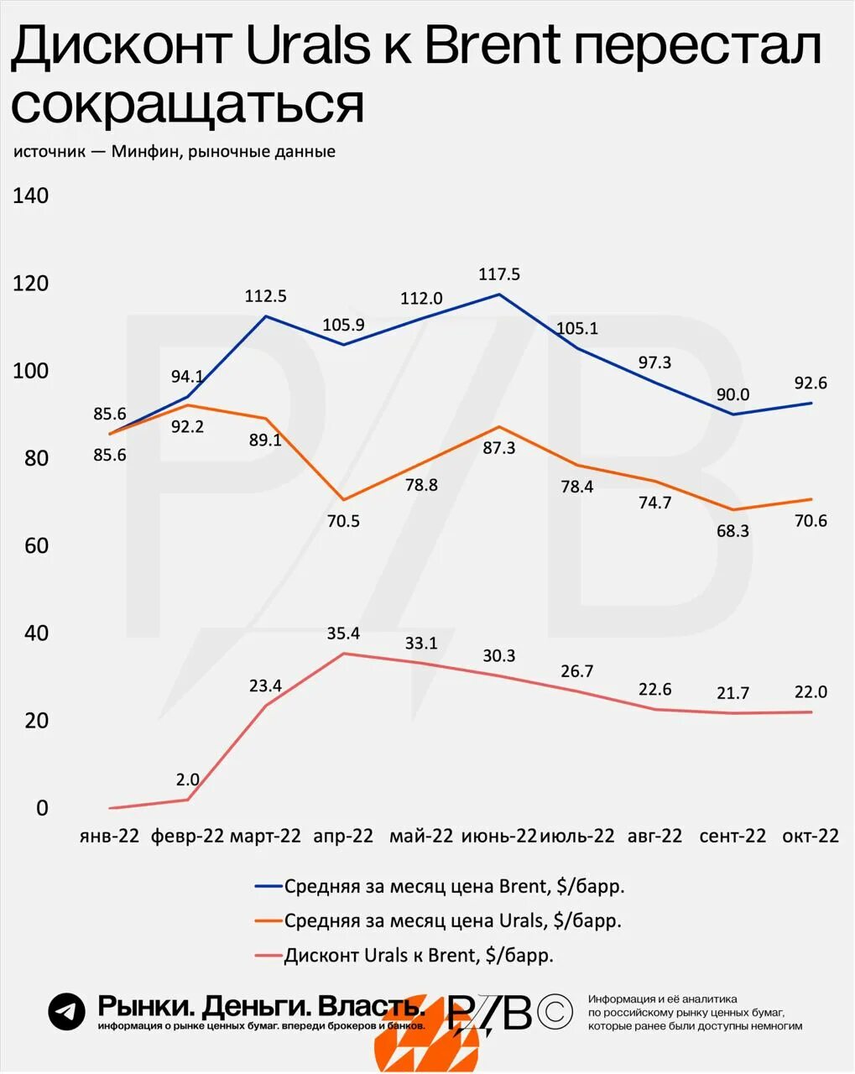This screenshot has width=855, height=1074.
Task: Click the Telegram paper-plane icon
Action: (66, 1011)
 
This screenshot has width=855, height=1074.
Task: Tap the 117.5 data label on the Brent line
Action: (499, 274)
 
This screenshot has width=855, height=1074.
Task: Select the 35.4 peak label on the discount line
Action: (343, 633)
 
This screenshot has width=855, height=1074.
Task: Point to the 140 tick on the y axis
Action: (31, 196)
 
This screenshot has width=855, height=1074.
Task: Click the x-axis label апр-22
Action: (343, 837)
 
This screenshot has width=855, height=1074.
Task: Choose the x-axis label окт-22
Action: (811, 837)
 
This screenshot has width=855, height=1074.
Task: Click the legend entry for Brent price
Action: (454, 886)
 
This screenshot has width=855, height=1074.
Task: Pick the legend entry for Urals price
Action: (452, 920)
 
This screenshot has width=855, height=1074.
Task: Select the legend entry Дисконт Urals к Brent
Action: (419, 955)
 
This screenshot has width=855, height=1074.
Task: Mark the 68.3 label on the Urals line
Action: (732, 531)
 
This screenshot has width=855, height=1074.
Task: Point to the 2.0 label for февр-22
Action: (188, 779)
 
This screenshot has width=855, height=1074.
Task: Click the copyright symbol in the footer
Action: (555, 1012)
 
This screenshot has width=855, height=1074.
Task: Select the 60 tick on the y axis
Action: (31, 546)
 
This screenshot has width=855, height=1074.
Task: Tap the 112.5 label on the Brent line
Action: (266, 296)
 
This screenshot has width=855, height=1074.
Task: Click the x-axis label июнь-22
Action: (498, 837)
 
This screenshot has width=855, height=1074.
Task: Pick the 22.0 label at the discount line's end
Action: (811, 692)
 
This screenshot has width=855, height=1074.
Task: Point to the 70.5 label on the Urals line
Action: (343, 521)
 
